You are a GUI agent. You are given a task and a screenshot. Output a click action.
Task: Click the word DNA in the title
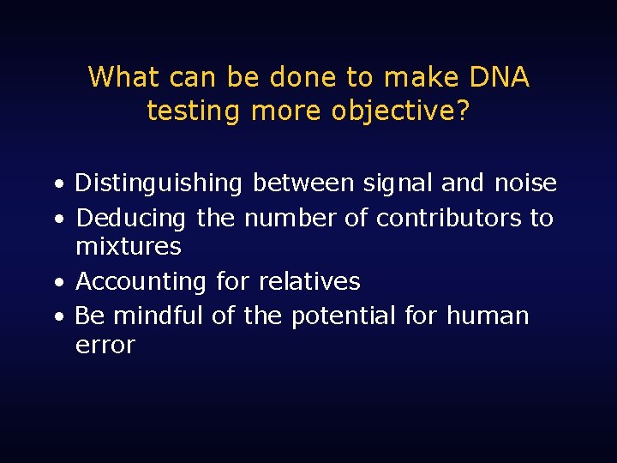(x=500, y=77)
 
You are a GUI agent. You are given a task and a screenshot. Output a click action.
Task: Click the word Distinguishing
(x=159, y=183)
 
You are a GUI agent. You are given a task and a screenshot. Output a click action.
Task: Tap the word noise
(x=525, y=183)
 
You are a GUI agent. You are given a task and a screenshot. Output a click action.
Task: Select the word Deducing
(x=130, y=219)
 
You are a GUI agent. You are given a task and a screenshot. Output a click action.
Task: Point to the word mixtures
(x=129, y=247)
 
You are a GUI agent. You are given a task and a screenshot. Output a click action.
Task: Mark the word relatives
(x=309, y=281)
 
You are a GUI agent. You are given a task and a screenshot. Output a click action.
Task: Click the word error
(x=105, y=345)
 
